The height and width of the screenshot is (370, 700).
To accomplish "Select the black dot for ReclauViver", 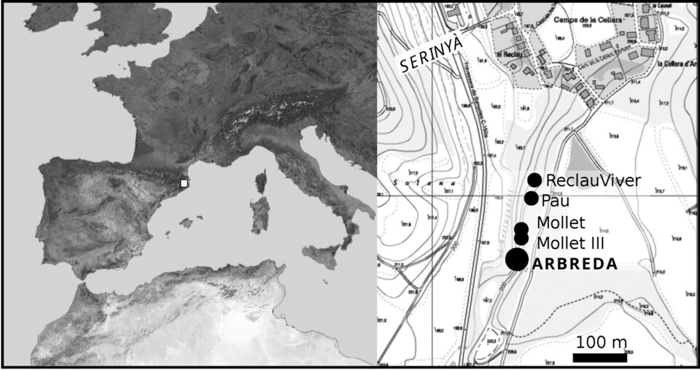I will pyautogui.click(x=534, y=180).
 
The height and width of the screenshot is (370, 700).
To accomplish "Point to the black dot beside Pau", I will pyautogui.click(x=531, y=199).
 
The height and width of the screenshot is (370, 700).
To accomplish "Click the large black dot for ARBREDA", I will pyautogui.click(x=517, y=259).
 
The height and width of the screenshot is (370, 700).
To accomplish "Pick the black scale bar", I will pyautogui.click(x=599, y=358).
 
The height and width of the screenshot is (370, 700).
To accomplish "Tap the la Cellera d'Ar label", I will pyautogui.click(x=660, y=63).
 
